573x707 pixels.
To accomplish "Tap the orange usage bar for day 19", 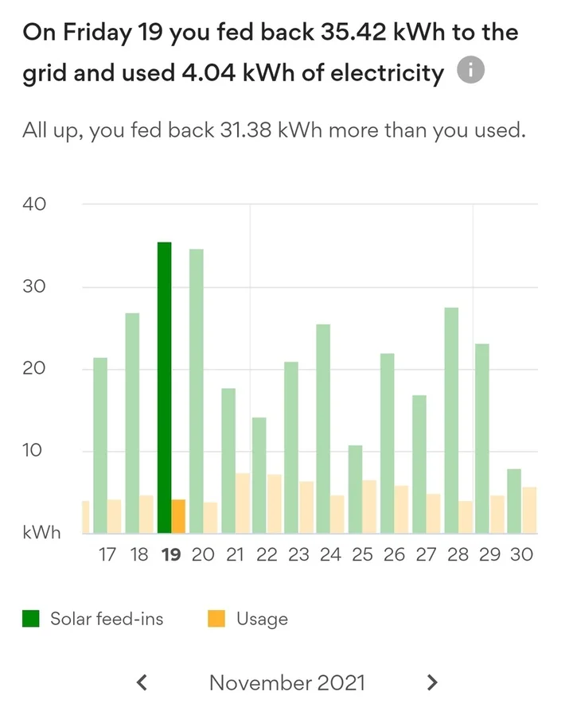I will coord(178,516).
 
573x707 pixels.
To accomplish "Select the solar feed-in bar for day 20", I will coord(196,390).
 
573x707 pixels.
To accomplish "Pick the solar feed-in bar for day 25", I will coord(355,489).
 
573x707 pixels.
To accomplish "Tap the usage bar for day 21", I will coord(243,503).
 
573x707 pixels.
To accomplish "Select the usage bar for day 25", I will coord(370,507).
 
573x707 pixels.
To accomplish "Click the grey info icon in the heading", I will coord(470,72).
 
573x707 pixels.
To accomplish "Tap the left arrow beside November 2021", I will coord(142,682).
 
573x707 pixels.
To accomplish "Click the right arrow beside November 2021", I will coord(432,682).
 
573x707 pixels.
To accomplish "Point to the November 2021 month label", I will coord(287,682).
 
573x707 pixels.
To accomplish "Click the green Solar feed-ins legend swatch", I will coord(31,619).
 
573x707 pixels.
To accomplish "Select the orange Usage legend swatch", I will coord(216,619).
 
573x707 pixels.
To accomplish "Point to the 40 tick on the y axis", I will coord(34,204).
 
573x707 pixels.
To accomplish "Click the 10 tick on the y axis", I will coord(34,451).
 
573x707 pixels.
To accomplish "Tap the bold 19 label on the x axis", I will coord(170,555).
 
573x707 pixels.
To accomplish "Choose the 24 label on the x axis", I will coord(330,555).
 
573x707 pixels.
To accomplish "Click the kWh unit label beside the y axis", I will coord(41,533).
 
